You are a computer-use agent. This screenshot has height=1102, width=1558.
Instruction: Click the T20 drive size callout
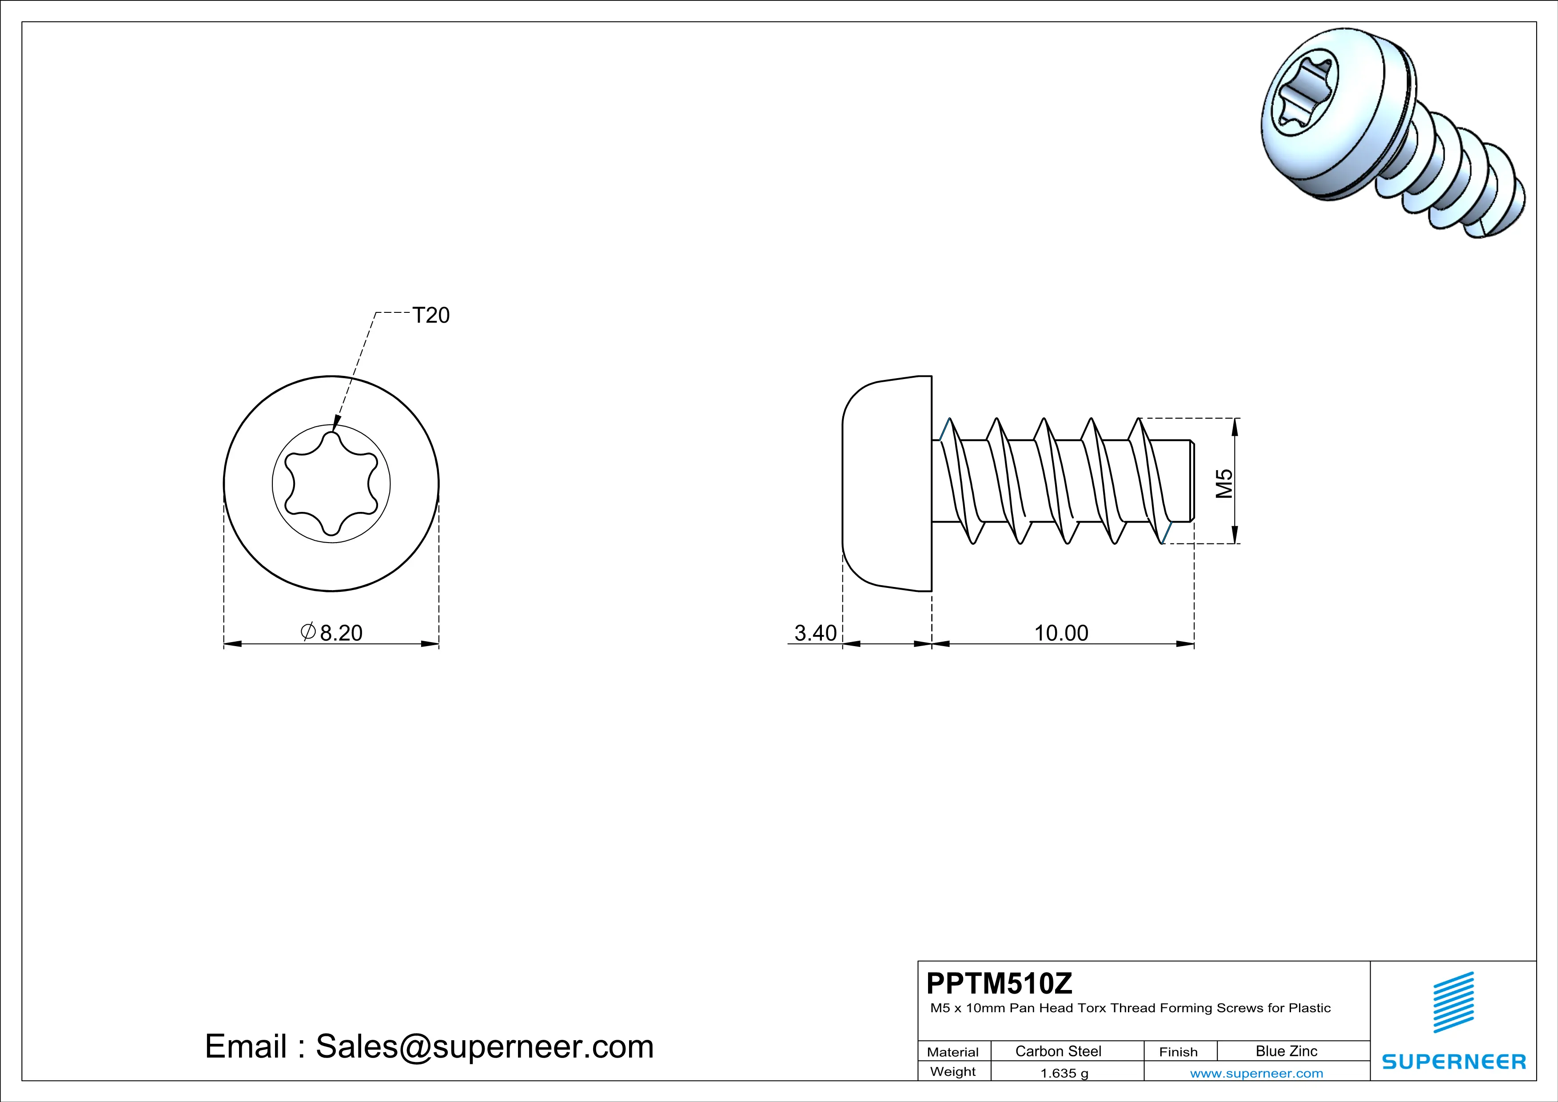(x=431, y=315)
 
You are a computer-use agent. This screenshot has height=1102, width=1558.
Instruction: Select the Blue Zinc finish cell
(x=1287, y=1051)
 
